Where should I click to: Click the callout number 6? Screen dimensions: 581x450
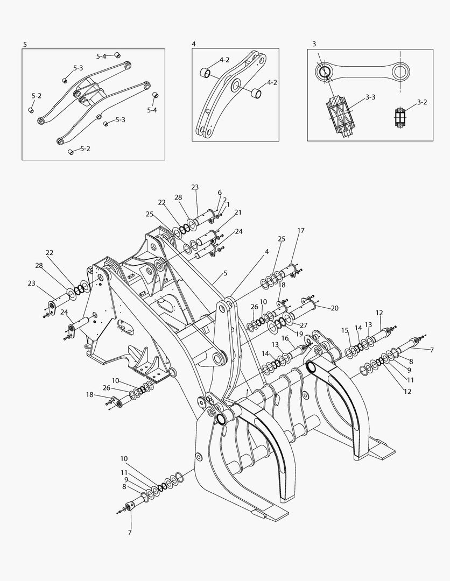[x=220, y=192]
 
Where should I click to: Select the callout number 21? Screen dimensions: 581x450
[x=237, y=212]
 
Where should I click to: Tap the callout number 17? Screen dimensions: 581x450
[x=300, y=230]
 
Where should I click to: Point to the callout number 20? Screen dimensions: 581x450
[x=334, y=308]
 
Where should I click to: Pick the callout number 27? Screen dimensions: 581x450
[x=304, y=325]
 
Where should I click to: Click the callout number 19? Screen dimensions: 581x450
[x=299, y=334]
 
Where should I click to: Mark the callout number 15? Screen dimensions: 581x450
[x=345, y=330]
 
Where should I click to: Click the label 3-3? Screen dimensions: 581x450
[x=370, y=97]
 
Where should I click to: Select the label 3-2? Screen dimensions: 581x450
[x=422, y=102]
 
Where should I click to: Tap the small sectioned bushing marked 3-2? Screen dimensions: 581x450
[x=400, y=117]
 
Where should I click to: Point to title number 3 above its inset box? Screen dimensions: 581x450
[x=314, y=43]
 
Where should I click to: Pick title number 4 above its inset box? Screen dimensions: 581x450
[x=194, y=43]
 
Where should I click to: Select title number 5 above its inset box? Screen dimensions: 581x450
[x=25, y=43]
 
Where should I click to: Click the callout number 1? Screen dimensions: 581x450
[x=228, y=204]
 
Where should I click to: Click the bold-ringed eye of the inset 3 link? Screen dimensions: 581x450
[x=326, y=72]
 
